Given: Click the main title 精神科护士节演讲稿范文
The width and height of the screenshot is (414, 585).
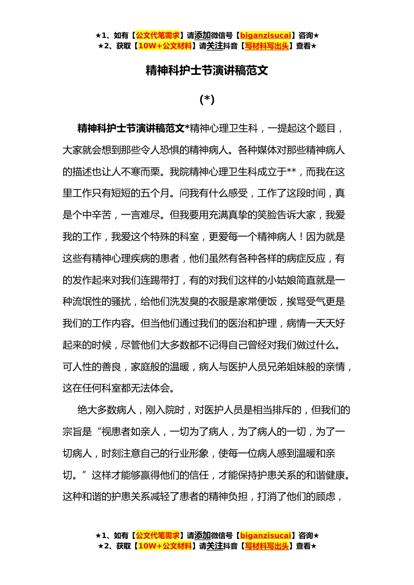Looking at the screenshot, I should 207,71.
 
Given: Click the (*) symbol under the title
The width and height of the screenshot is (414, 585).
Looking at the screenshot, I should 207,100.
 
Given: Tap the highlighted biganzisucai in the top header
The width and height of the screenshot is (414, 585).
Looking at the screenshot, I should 265,35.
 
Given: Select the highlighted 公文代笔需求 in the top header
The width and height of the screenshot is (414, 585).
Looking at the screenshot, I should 158,35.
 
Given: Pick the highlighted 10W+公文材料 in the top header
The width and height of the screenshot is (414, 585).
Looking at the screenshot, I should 165,46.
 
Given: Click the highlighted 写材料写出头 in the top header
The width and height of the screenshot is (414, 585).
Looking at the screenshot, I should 267,46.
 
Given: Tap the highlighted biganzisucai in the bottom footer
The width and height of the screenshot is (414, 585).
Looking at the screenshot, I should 265,535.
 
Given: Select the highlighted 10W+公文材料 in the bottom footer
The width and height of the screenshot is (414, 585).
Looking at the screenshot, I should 165,546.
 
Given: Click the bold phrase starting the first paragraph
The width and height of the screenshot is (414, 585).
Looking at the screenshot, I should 131,128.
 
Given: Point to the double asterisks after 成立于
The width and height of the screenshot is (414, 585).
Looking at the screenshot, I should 292,172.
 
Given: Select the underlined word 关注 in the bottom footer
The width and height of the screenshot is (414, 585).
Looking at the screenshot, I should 214,546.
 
